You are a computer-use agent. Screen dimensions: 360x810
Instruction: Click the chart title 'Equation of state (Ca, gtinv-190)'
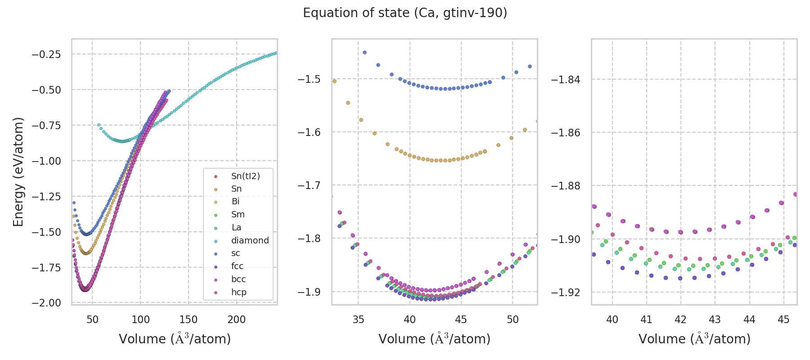pos(405,13)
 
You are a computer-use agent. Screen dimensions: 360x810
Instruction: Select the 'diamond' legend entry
pos(250,240)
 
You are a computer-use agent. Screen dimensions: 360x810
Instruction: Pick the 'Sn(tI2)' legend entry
pos(245,176)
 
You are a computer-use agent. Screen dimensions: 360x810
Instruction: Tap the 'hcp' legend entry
pos(238,292)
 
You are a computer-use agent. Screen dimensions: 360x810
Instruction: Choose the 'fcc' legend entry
pos(237,266)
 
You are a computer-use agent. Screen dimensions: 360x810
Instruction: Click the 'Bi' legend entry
pos(235,202)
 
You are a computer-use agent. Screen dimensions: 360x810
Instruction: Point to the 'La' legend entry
pos(236,227)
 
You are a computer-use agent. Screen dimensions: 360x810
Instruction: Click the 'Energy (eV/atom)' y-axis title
pos(18,171)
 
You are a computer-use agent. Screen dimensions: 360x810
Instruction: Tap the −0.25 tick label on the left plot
pos(46,54)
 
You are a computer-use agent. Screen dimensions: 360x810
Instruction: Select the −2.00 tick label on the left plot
pos(46,303)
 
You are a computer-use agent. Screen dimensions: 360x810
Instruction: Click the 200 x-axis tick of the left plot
pos(236,319)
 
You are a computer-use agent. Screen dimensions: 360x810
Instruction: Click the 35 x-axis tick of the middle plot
pos(358,319)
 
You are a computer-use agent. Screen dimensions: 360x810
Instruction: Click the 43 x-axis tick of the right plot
pos(715,319)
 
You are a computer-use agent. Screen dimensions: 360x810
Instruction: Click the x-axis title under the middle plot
pos(434,339)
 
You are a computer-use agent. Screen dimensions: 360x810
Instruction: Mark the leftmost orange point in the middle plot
pos(334,81)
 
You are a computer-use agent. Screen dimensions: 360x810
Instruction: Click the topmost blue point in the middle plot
pos(364,52)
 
